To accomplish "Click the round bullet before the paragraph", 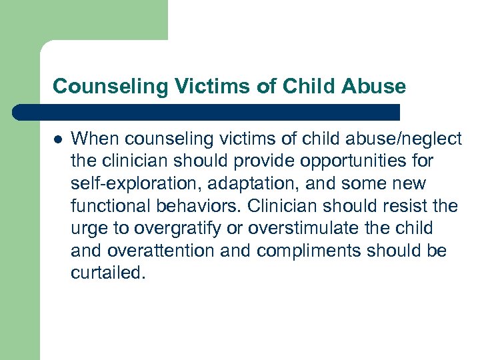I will point(58,139).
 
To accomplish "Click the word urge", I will point(88,229).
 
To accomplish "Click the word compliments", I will point(299,251).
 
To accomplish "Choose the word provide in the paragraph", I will point(269,161).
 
